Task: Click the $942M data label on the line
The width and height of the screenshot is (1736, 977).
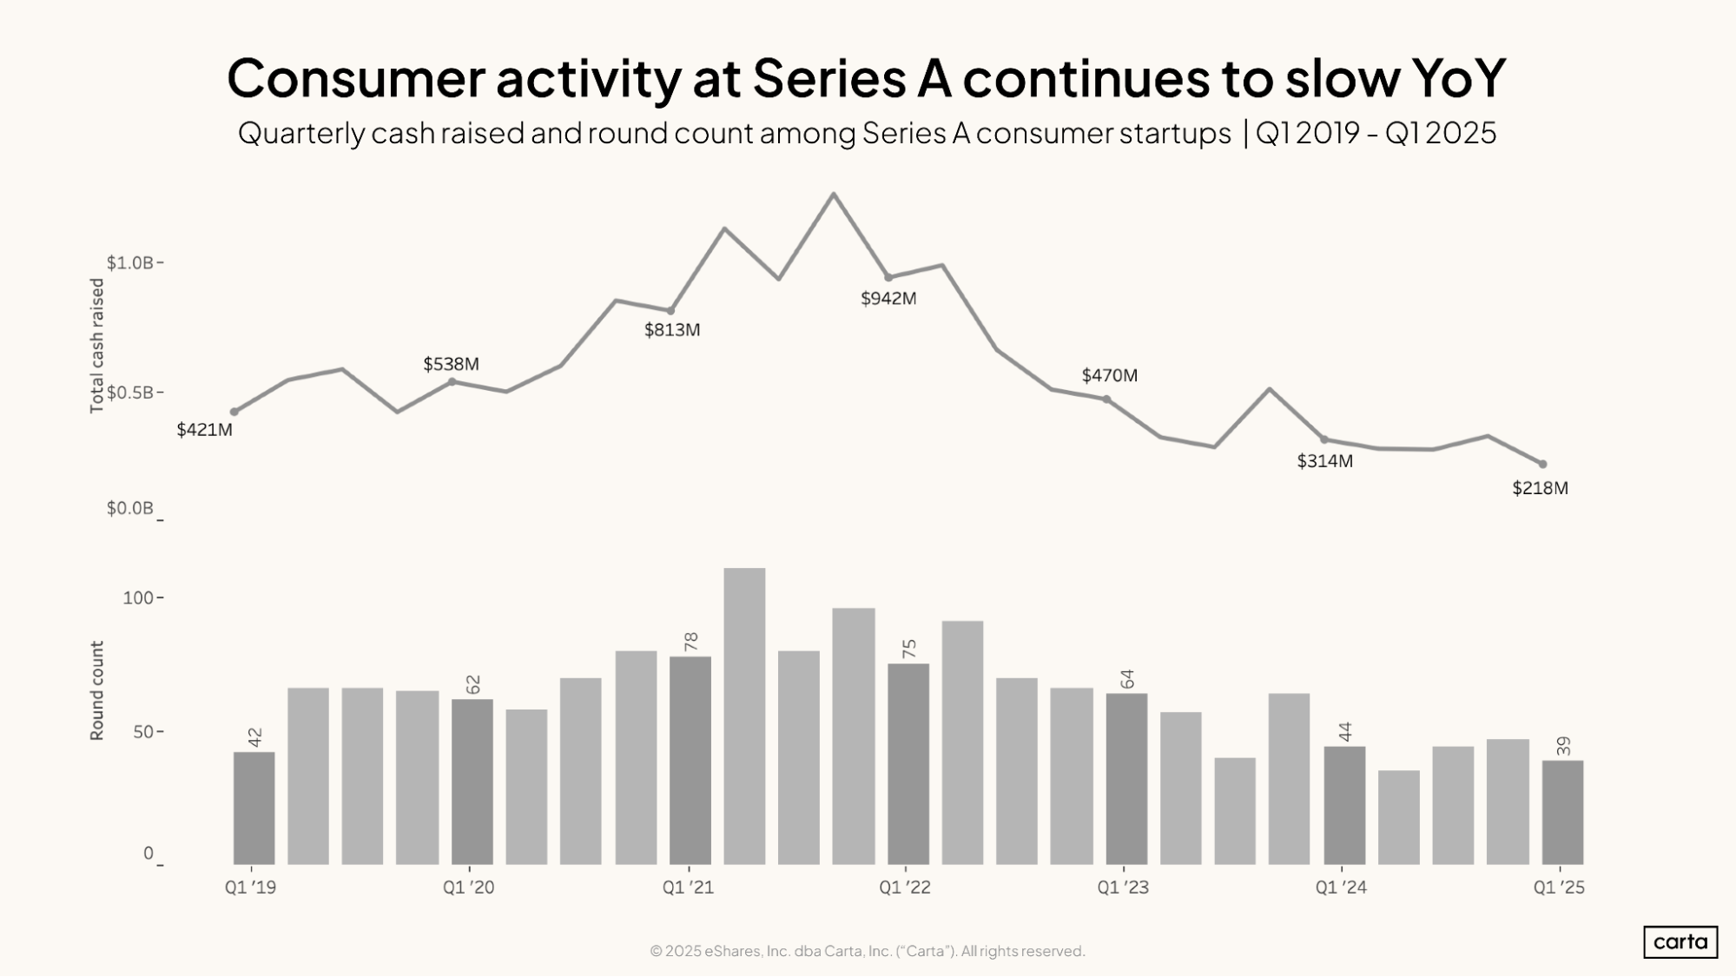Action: point(888,299)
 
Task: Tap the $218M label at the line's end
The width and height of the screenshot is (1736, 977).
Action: point(1540,488)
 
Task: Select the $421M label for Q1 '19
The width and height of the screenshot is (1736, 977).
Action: point(204,430)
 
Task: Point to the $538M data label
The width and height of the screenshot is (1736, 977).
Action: point(451,364)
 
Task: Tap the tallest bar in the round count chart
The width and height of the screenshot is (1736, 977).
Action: point(744,716)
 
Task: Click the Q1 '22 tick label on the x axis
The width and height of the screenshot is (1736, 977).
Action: point(904,888)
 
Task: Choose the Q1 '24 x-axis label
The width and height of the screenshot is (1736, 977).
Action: point(1340,888)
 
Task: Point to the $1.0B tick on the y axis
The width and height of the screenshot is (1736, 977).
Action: point(130,262)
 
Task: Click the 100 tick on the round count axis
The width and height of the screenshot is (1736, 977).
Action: point(138,597)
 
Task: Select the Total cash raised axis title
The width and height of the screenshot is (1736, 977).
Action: point(96,346)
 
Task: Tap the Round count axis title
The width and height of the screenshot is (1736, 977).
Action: point(96,690)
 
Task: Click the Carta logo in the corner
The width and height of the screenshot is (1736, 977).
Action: point(1680,941)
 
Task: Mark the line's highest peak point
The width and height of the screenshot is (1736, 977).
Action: point(834,194)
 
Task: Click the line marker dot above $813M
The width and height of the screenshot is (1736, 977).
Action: point(670,311)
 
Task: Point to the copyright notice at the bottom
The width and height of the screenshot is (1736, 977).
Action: point(867,951)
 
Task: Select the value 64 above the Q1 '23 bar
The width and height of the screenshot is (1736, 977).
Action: point(1127,679)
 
